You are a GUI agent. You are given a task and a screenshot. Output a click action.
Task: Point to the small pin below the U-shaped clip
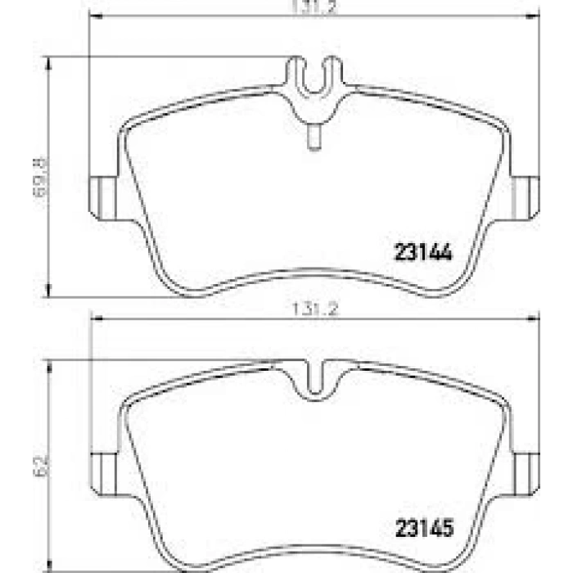point(314,136)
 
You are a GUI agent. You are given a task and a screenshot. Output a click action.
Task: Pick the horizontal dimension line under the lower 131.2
point(205,319)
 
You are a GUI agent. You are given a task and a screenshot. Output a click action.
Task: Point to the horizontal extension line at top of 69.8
point(164,56)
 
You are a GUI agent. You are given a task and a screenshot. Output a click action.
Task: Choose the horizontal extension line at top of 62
point(164,359)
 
